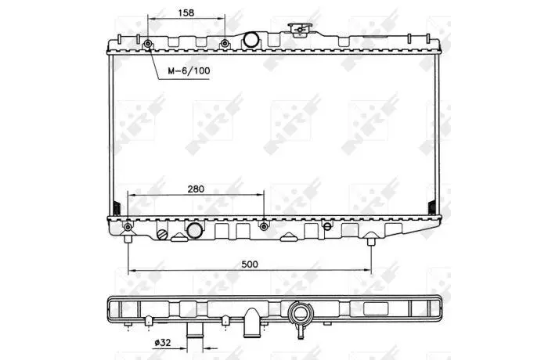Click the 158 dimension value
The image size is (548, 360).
click(186, 13)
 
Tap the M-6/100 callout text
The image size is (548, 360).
click(189, 71)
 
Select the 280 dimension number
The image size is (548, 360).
click(196, 189)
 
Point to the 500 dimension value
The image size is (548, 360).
click(250, 265)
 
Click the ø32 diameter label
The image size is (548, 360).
click(163, 343)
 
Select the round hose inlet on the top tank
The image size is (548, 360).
click(251, 39)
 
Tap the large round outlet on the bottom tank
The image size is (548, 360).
click(195, 231)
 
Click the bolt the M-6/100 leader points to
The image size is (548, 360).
click(148, 44)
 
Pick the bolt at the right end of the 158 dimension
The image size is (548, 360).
click(225, 44)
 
